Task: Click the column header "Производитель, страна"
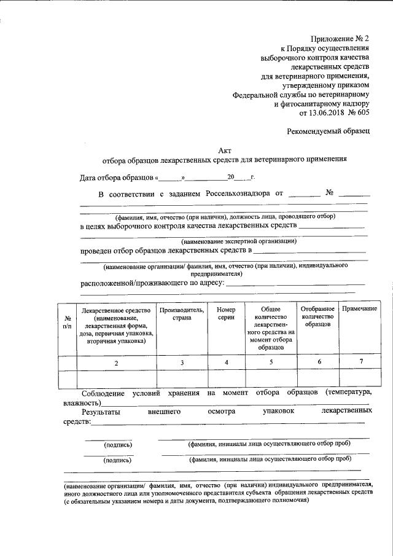pos(182,315)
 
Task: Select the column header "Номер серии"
pos(226,315)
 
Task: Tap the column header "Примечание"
pos(359,308)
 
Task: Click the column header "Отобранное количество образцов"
pos(318,315)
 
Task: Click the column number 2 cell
pos(116,363)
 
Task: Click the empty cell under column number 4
pos(226,378)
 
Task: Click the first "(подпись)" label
pos(117,444)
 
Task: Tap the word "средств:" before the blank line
pos(77,422)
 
